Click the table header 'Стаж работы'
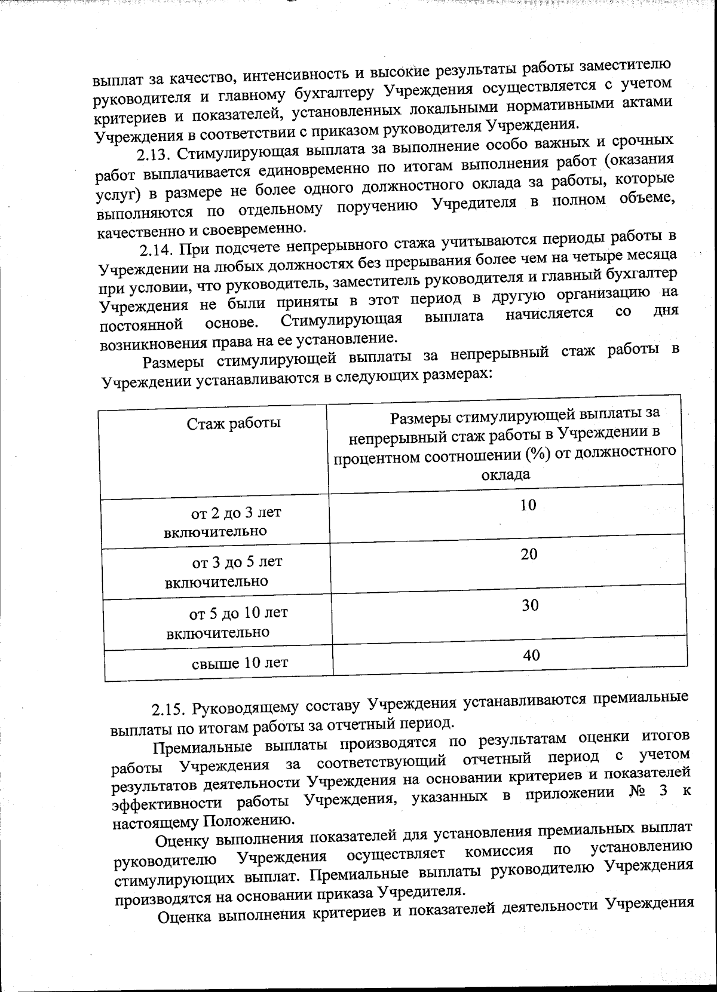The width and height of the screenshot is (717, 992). pyautogui.click(x=234, y=424)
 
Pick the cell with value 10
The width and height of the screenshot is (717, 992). pyautogui.click(x=528, y=505)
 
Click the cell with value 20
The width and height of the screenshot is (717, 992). pyautogui.click(x=529, y=554)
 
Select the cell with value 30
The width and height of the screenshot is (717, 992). pyautogui.click(x=530, y=605)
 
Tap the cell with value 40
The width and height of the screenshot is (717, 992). pyautogui.click(x=531, y=655)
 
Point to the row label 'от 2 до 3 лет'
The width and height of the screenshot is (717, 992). pyautogui.click(x=235, y=513)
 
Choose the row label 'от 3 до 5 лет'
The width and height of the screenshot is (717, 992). pyautogui.click(x=237, y=562)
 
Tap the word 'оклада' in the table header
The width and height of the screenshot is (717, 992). pyautogui.click(x=505, y=474)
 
